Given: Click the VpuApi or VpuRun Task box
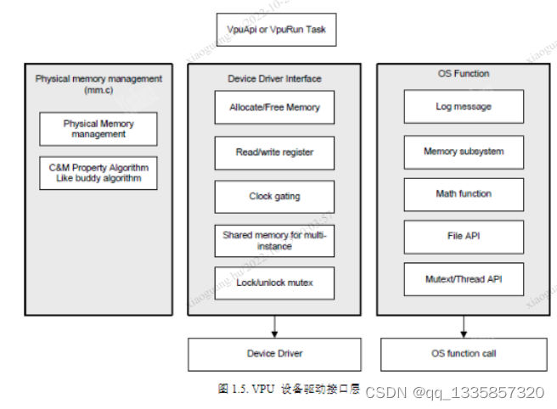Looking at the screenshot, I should pos(276,30).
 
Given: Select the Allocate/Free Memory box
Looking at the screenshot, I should pos(274,108).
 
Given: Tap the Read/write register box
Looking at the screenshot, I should pos(274,153).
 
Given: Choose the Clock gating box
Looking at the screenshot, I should pos(274,197).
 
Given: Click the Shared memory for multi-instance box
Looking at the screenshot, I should pos(274,241).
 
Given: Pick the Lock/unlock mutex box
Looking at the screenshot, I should pos(274,283).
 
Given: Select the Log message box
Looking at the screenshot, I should pos(464,107).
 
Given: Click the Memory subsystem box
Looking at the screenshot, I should pos(464,152).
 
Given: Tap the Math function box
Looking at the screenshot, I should pos(464,194).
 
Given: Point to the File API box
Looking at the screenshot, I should pos(464,237).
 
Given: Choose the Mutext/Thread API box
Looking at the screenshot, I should pos(464,279).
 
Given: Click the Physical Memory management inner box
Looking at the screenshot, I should pos(98,129).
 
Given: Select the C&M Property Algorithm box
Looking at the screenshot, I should pos(98,173).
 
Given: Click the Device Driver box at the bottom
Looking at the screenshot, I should pos(274,354).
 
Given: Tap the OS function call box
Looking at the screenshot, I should pos(464,354).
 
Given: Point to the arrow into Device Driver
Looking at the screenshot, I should pos(274,326).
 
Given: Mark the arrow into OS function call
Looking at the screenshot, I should pos(464,326).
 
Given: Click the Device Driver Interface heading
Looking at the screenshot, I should pos(274,79).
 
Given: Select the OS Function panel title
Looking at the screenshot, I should pos(464,75).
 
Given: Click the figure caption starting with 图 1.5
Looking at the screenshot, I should pos(289,389).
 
